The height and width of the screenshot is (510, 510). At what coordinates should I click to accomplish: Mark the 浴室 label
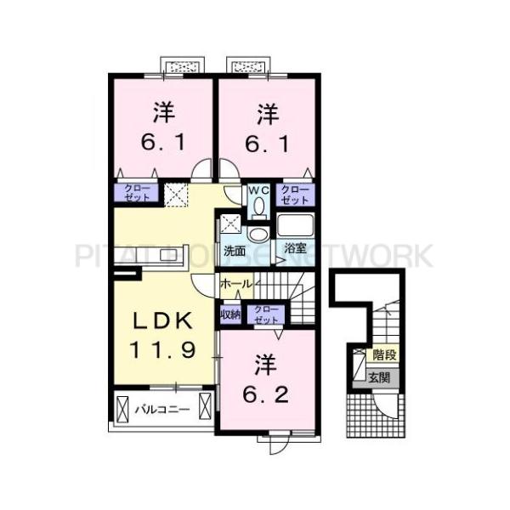click(x=294, y=249)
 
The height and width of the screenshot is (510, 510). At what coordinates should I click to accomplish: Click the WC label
click(x=258, y=190)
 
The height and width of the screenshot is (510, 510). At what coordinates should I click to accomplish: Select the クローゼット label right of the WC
click(x=294, y=195)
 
